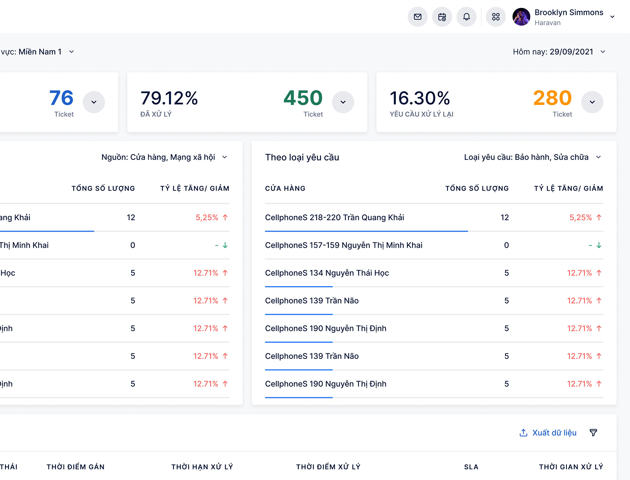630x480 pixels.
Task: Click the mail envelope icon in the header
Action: [x=417, y=17]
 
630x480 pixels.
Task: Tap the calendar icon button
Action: [x=442, y=17]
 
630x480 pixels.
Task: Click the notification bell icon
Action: [x=466, y=17]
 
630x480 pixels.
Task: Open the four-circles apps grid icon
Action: [x=496, y=17]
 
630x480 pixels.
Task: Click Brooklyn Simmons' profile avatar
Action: [x=521, y=17]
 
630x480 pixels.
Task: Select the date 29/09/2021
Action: [x=571, y=52]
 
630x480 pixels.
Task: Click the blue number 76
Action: [x=61, y=98]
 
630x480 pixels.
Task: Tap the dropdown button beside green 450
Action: [x=343, y=102]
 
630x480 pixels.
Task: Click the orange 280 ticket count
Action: [x=552, y=98]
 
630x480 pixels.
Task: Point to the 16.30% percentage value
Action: [x=420, y=98]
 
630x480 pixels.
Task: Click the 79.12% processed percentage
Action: [x=169, y=98]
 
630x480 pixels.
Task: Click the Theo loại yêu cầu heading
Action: [x=302, y=157]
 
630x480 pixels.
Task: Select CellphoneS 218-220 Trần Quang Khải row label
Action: [x=334, y=218]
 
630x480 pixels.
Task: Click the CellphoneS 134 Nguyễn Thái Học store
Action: [x=327, y=273]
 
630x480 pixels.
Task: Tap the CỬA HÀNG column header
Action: [x=285, y=188]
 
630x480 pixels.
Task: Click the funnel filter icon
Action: [x=593, y=433]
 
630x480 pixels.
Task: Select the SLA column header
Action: [x=471, y=467]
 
